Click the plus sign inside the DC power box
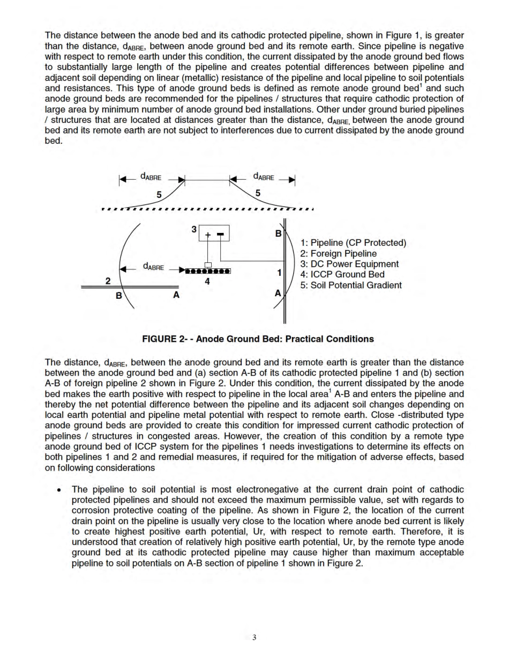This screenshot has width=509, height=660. click(207, 233)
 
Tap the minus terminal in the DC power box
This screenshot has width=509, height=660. click(220, 233)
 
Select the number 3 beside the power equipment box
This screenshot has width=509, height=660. click(194, 229)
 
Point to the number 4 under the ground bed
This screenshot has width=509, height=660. click(207, 281)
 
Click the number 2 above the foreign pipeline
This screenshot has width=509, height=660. click(108, 281)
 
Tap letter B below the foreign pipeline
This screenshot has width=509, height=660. click(119, 296)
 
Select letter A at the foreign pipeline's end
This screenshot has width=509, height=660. click(176, 295)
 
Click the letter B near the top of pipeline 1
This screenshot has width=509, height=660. click(278, 234)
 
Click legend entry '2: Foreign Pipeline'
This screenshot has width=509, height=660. click(338, 253)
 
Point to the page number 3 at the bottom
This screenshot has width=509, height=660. click(254, 637)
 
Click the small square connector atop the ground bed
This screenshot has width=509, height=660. click(208, 265)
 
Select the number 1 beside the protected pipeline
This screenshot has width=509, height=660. click(279, 273)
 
